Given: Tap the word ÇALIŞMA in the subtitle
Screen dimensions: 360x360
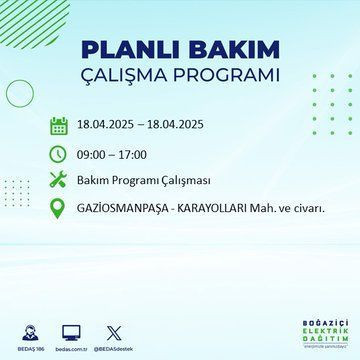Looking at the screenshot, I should (136, 76).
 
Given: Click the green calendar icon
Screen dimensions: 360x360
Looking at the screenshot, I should (59, 126).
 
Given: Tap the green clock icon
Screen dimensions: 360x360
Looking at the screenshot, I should (59, 154).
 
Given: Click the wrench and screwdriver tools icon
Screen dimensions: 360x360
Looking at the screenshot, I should (59, 181).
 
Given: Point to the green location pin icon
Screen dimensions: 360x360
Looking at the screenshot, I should (59, 209).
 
